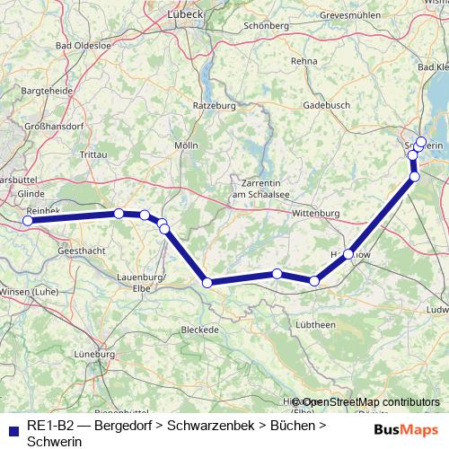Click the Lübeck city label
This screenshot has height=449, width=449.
[x=212, y=14]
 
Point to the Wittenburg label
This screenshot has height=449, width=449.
[x=314, y=213]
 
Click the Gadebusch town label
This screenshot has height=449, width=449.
[x=325, y=104]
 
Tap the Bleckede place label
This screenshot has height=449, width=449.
[x=200, y=330]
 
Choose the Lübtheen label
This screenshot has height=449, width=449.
[x=315, y=324]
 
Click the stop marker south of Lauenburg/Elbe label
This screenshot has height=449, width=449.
[x=207, y=282]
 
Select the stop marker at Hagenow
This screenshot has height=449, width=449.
[x=348, y=254]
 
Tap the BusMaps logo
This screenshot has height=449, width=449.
[x=406, y=430]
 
